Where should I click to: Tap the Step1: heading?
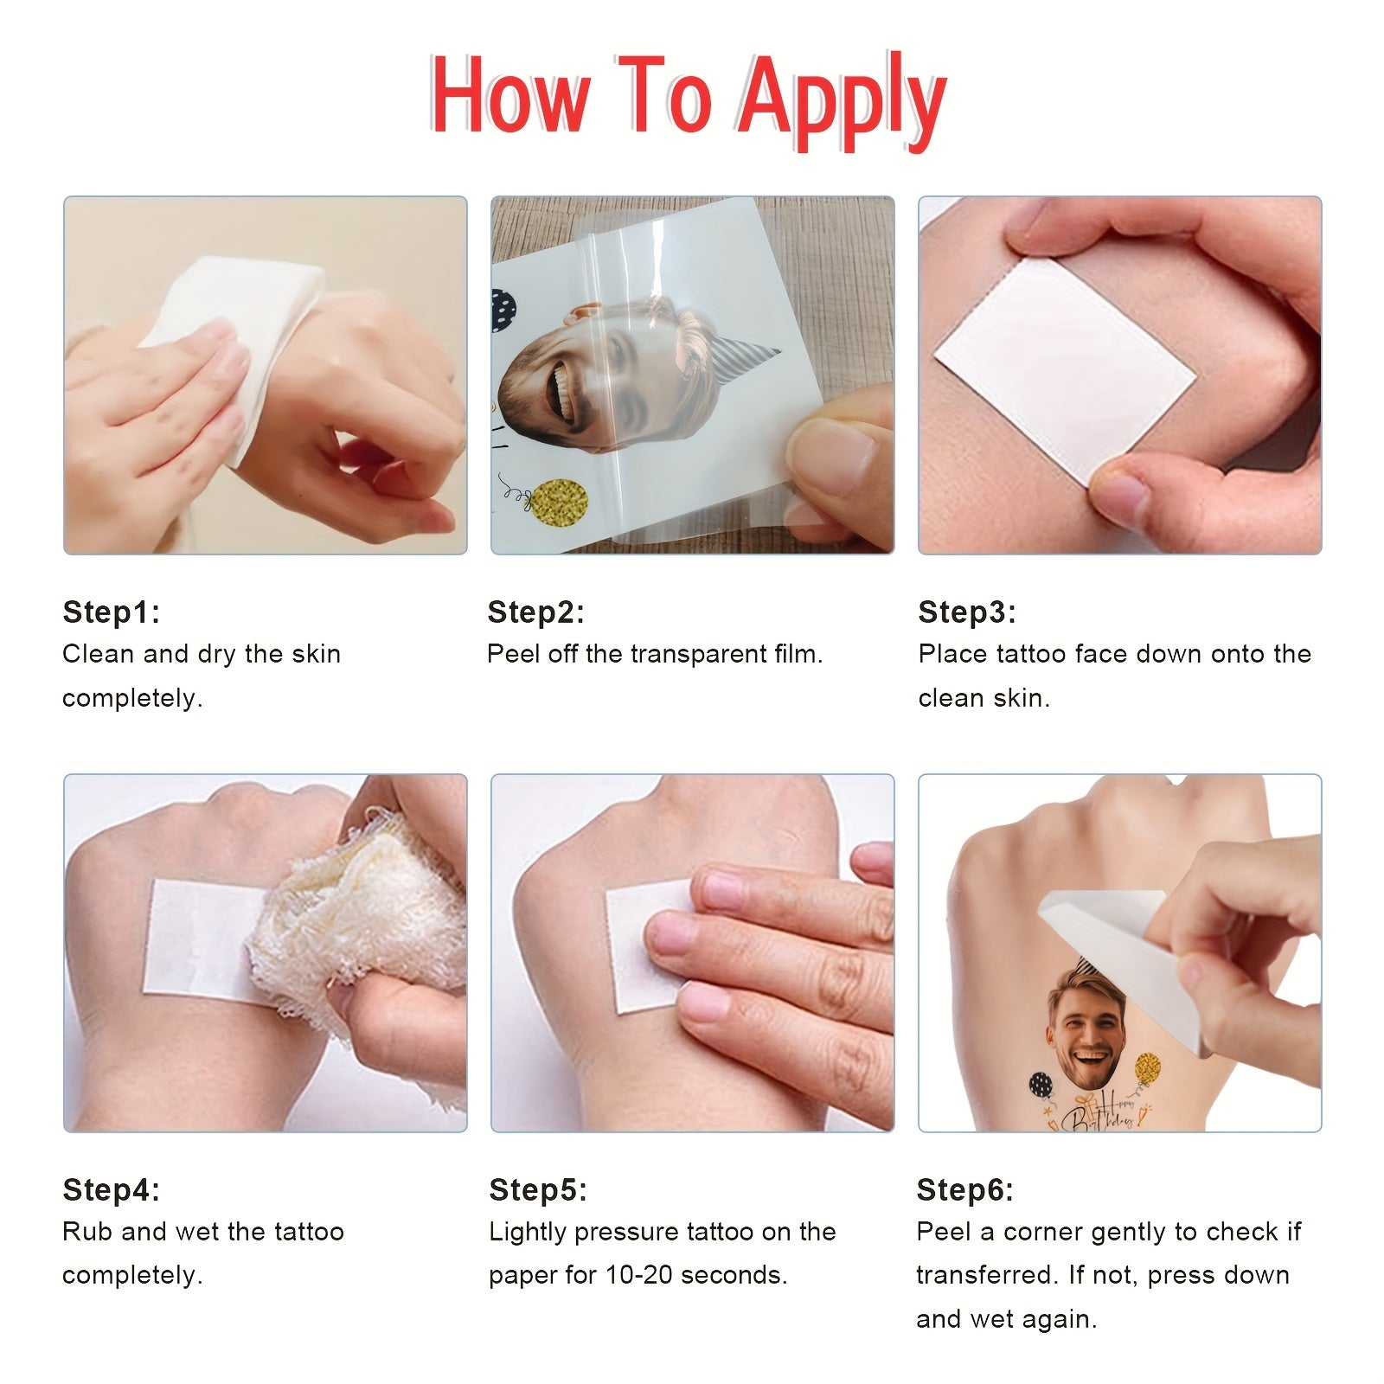pyautogui.click(x=112, y=612)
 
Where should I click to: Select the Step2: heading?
pyautogui.click(x=536, y=612)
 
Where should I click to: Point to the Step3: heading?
pyautogui.click(x=967, y=612)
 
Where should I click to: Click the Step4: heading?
pyautogui.click(x=112, y=1189)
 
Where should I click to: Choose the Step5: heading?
pyautogui.click(x=538, y=1189)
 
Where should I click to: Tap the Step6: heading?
pyautogui.click(x=965, y=1189)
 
